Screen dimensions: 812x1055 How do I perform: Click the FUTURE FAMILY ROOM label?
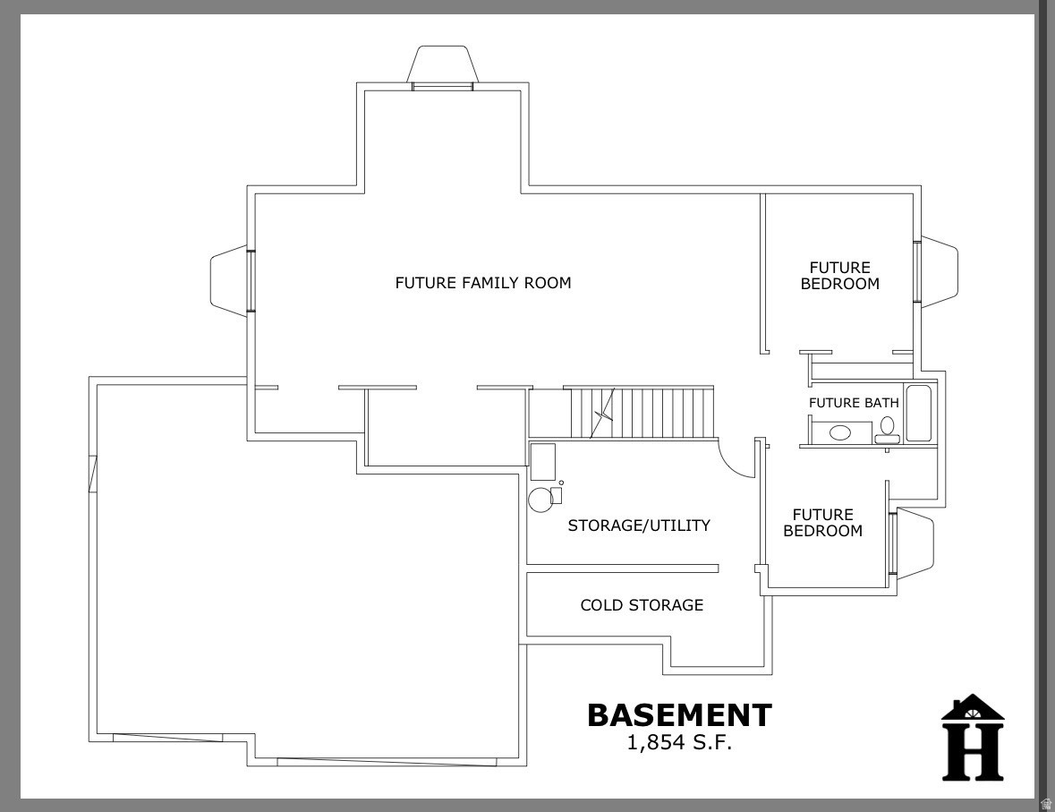point(482,283)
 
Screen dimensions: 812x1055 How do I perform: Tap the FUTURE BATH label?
point(853,403)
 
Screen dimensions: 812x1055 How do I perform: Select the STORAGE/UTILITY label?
point(639,526)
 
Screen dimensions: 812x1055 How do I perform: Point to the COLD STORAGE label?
point(642,605)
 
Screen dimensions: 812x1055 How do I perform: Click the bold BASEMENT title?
point(678,714)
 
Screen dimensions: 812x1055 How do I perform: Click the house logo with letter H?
point(972,738)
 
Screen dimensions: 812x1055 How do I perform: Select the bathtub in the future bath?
point(919,413)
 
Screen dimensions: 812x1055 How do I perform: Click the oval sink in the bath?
point(840,433)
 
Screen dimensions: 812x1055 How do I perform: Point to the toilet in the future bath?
point(888,430)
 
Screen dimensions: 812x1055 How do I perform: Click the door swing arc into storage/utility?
point(736,459)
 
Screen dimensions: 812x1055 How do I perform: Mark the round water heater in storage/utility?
point(540,500)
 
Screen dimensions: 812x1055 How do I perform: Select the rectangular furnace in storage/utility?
point(542,461)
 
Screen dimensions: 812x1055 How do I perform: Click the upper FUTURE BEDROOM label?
point(839,276)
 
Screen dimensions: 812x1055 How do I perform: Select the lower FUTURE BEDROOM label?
point(822,523)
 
